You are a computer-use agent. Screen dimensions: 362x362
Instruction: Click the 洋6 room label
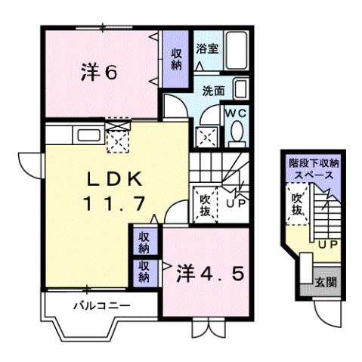coord(99,73)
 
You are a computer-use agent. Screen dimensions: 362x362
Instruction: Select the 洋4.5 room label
coord(212,273)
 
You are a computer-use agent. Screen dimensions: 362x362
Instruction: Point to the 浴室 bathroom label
coord(207,49)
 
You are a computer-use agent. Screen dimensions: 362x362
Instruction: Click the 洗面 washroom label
coord(213,91)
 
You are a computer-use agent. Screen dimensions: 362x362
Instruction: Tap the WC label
coord(237,113)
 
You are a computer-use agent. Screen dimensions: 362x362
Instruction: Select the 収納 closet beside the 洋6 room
coord(175,59)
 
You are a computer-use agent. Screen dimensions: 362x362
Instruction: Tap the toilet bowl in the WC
coord(237,134)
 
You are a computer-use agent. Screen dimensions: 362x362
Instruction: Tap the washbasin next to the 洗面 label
coord(240,89)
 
